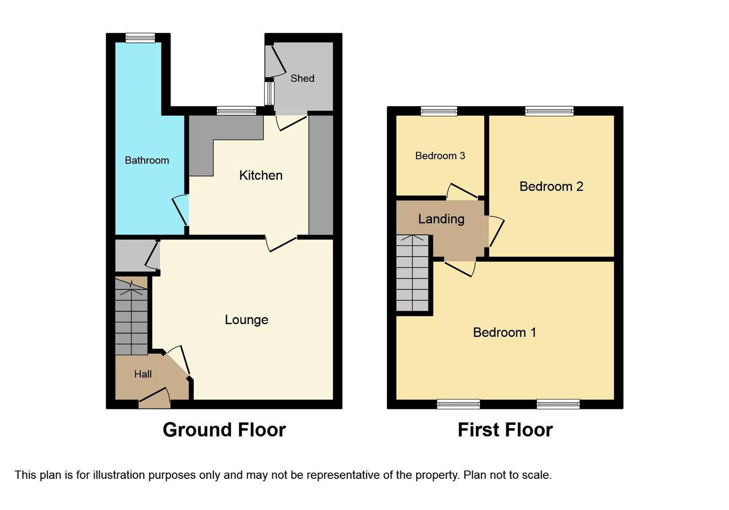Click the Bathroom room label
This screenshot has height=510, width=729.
(x=147, y=161)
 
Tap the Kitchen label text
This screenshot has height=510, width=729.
(x=260, y=176)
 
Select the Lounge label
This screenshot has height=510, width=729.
(x=246, y=320)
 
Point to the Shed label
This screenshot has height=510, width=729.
(x=302, y=78)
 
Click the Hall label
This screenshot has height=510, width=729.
(x=143, y=374)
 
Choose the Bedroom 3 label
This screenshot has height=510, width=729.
(x=440, y=156)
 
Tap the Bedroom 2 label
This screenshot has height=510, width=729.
(x=551, y=187)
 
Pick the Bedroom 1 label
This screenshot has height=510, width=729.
(x=504, y=332)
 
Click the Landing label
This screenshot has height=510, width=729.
(x=441, y=219)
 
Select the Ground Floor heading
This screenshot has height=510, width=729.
(x=224, y=430)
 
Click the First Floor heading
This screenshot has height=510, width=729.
(x=505, y=430)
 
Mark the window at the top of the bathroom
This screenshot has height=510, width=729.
(x=140, y=38)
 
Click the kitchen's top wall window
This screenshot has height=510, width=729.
(x=236, y=111)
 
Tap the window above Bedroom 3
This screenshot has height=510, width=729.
(x=439, y=111)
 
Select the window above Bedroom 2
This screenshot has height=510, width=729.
(x=549, y=111)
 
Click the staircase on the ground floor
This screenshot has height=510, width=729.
(x=131, y=319)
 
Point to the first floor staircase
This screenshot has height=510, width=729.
(x=412, y=274)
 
